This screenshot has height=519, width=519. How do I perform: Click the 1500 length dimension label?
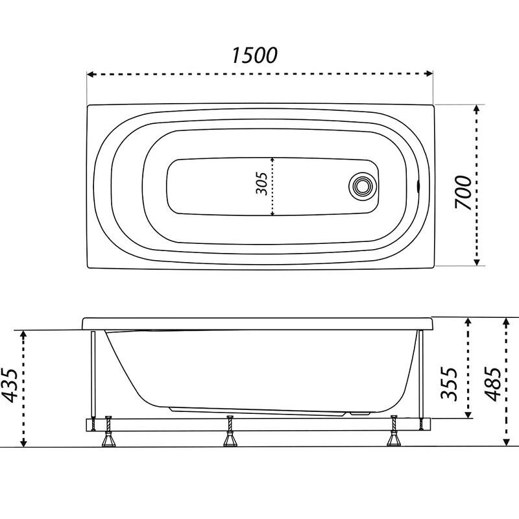click(x=254, y=55)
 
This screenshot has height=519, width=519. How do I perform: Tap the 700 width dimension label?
click(x=463, y=193)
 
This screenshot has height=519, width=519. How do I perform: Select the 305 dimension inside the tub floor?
click(x=262, y=184)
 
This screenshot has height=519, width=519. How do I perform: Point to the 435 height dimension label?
click(x=9, y=385)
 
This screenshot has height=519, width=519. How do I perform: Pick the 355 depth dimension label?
click(x=449, y=383)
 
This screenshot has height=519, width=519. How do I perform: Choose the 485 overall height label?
click(x=492, y=383)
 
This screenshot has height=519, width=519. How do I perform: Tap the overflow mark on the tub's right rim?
click(x=418, y=186)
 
